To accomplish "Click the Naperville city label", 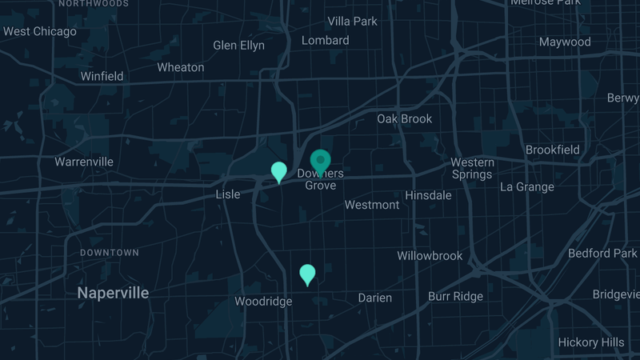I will pos(113,294).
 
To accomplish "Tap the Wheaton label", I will pos(181,67).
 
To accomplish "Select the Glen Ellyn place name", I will pos(238,46).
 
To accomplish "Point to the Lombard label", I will pos(326,40).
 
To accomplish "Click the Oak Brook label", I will pos(405,119).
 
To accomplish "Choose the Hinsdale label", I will pos(429,195).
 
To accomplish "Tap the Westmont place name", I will pos(372,205).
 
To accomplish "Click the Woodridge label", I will pos(263,302).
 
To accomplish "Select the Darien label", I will pos(375,298).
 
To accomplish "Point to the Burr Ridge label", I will pos(456,296).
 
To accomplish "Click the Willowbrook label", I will pos(430,256).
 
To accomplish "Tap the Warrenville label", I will pos(84,162).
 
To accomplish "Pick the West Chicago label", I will pos(40,32).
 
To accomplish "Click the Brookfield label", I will pos(553,150).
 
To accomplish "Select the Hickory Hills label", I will pos(591,342).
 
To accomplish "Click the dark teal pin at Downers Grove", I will pos(321,160).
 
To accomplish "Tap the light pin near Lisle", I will pos(279,171).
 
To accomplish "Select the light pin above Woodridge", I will pos(307,274).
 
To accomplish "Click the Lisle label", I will pos(228,194).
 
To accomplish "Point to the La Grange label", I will pos(527,187).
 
